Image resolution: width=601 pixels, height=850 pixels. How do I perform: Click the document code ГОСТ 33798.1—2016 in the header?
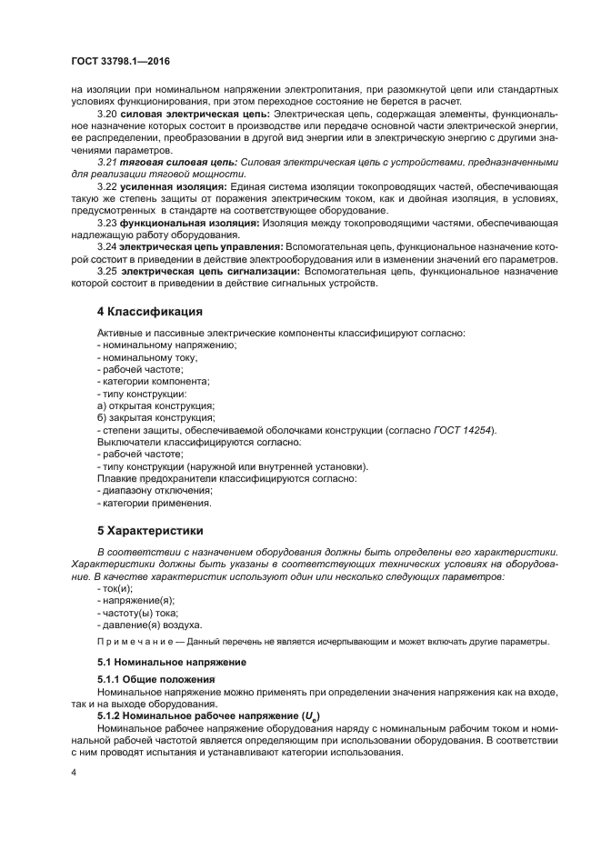pyautogui.click(x=120, y=62)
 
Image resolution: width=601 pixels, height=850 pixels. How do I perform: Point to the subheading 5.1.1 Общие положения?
pyautogui.click(x=156, y=679)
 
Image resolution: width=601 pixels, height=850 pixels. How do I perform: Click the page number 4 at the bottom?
pyautogui.click(x=74, y=772)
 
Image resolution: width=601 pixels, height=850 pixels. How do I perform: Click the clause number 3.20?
pyautogui.click(x=107, y=115)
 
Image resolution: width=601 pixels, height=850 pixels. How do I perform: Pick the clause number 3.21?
pyautogui.click(x=107, y=161)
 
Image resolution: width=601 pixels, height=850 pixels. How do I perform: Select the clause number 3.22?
pyautogui.click(x=107, y=186)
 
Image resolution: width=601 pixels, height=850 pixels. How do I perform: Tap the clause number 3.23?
pyautogui.click(x=107, y=222)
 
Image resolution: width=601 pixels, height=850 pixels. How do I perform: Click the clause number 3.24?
pyautogui.click(x=107, y=246)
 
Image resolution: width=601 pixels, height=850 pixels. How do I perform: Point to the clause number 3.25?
pyautogui.click(x=107, y=271)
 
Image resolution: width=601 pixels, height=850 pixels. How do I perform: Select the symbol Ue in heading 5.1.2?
pyautogui.click(x=309, y=717)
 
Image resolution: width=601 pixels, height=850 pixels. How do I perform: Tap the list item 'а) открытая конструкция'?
pyautogui.click(x=155, y=405)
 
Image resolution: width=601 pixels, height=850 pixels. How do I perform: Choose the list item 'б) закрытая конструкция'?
pyautogui.click(x=155, y=417)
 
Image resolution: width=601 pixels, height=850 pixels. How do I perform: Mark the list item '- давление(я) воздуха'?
pyautogui.click(x=150, y=625)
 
